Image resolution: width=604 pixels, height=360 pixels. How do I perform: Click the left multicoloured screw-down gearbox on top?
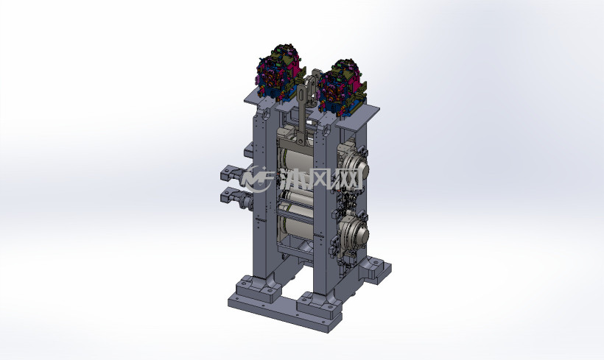pyautogui.click(x=279, y=73)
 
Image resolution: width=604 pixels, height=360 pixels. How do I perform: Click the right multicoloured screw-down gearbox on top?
pyautogui.click(x=341, y=88)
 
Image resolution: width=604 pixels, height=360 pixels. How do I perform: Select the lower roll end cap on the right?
pyautogui.click(x=358, y=233)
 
